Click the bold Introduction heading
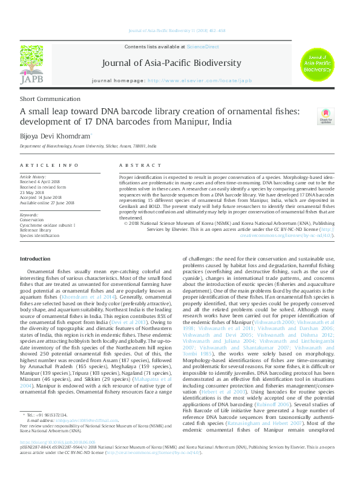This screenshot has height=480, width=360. pos(35,258)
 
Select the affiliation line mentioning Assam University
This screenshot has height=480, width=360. pos(88,146)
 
